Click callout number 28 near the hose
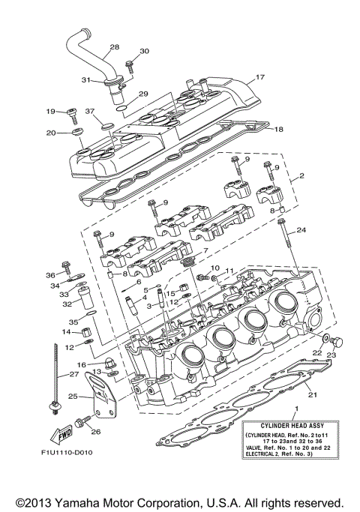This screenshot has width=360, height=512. click(114, 47)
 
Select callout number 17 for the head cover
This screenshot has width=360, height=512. click(260, 77)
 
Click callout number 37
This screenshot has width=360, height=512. click(89, 112)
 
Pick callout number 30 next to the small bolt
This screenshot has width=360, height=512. click(145, 51)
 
